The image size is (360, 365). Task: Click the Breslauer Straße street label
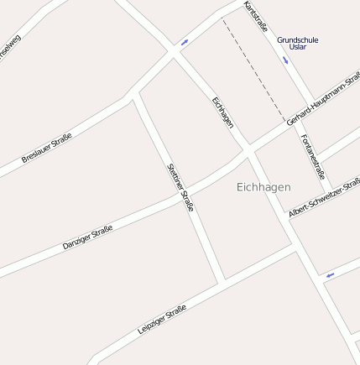(46, 148)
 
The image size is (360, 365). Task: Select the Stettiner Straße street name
(180, 186)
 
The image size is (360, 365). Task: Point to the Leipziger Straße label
(161, 320)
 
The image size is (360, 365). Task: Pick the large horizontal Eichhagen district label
(263, 187)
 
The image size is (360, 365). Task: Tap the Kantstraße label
(256, 17)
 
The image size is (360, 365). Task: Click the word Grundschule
(298, 39)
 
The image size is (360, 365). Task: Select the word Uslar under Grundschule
(298, 47)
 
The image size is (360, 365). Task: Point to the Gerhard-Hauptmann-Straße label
(323, 99)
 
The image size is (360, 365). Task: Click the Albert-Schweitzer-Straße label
(324, 198)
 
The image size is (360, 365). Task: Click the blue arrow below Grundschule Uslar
(285, 61)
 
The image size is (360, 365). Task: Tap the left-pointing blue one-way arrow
(330, 274)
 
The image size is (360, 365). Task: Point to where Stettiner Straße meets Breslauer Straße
(134, 95)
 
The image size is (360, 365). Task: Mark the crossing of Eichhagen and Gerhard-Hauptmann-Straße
(248, 153)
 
